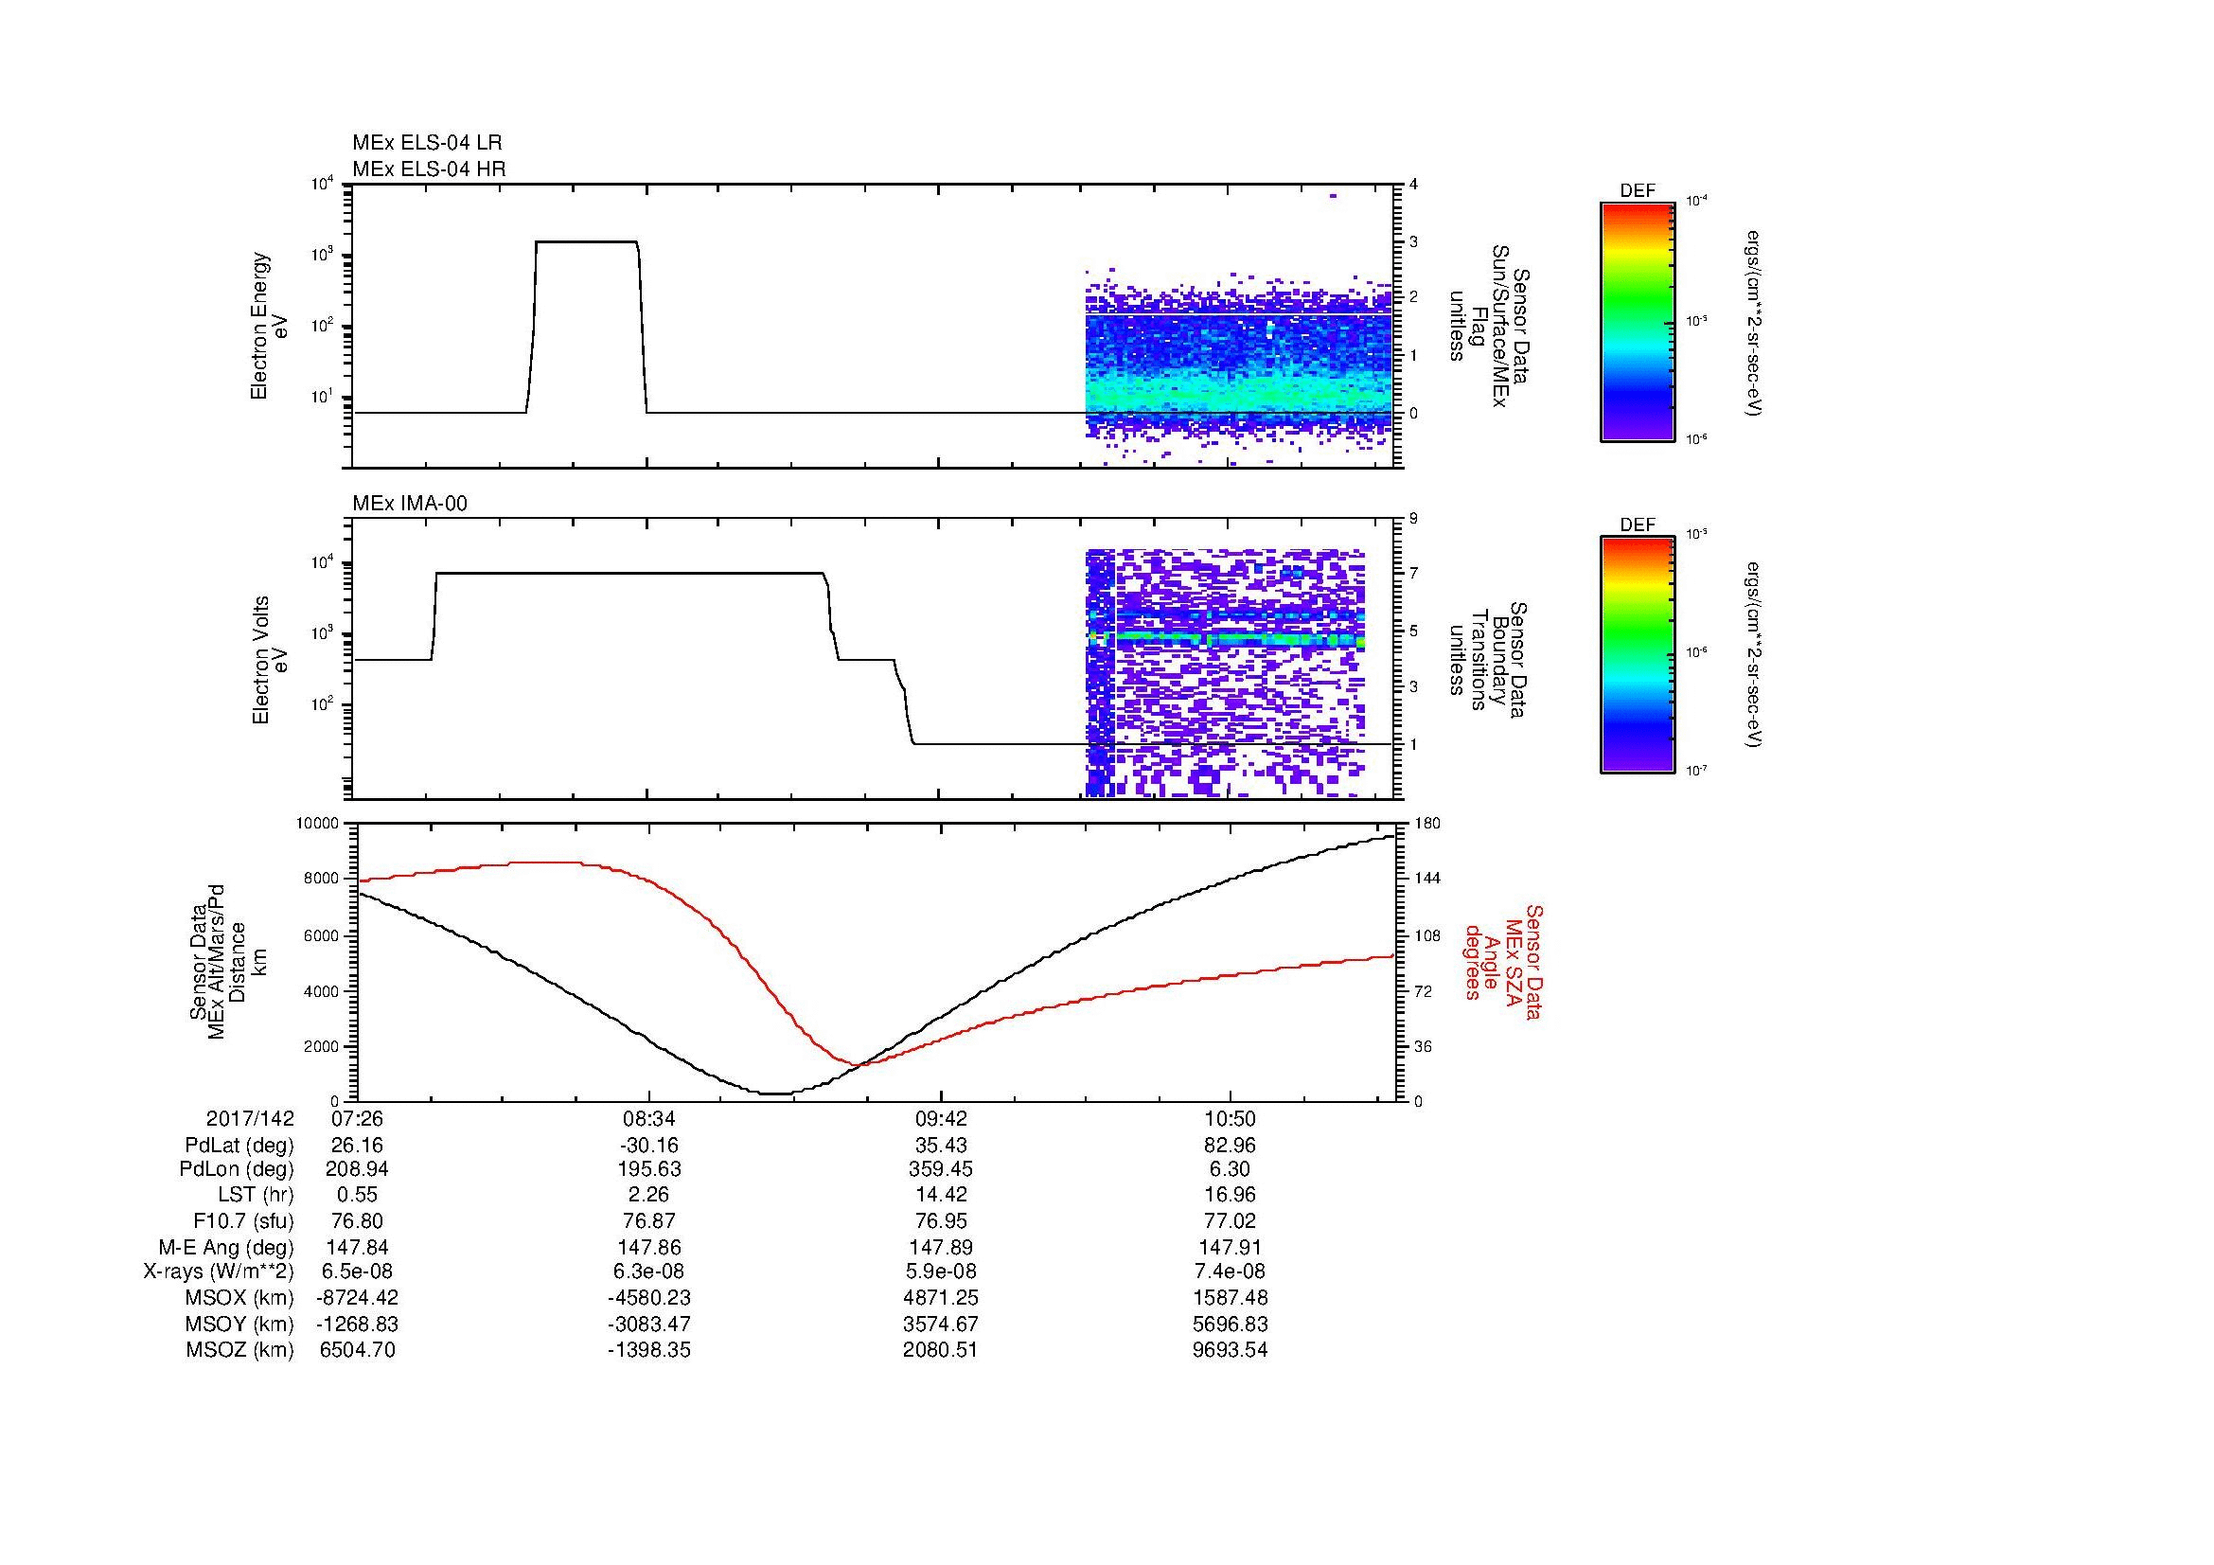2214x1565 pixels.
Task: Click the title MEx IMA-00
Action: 410,504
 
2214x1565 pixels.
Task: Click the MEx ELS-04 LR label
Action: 427,143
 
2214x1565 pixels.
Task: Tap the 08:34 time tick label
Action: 649,1118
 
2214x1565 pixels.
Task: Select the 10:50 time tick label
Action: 1230,1118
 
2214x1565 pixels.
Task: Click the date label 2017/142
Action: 250,1118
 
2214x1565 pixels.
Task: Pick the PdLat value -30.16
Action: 649,1146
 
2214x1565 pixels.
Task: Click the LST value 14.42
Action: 940,1195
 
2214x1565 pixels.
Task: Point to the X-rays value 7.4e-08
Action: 1230,1272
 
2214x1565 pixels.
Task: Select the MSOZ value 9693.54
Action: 1230,1350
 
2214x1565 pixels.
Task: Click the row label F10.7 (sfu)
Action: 243,1220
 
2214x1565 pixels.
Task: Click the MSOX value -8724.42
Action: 358,1298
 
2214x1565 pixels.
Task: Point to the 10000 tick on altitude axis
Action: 318,824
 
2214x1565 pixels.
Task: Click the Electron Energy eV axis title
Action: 270,326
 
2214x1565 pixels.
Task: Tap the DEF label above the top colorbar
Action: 1637,192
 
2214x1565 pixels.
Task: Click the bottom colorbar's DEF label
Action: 1637,525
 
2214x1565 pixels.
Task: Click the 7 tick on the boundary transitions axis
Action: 1413,574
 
